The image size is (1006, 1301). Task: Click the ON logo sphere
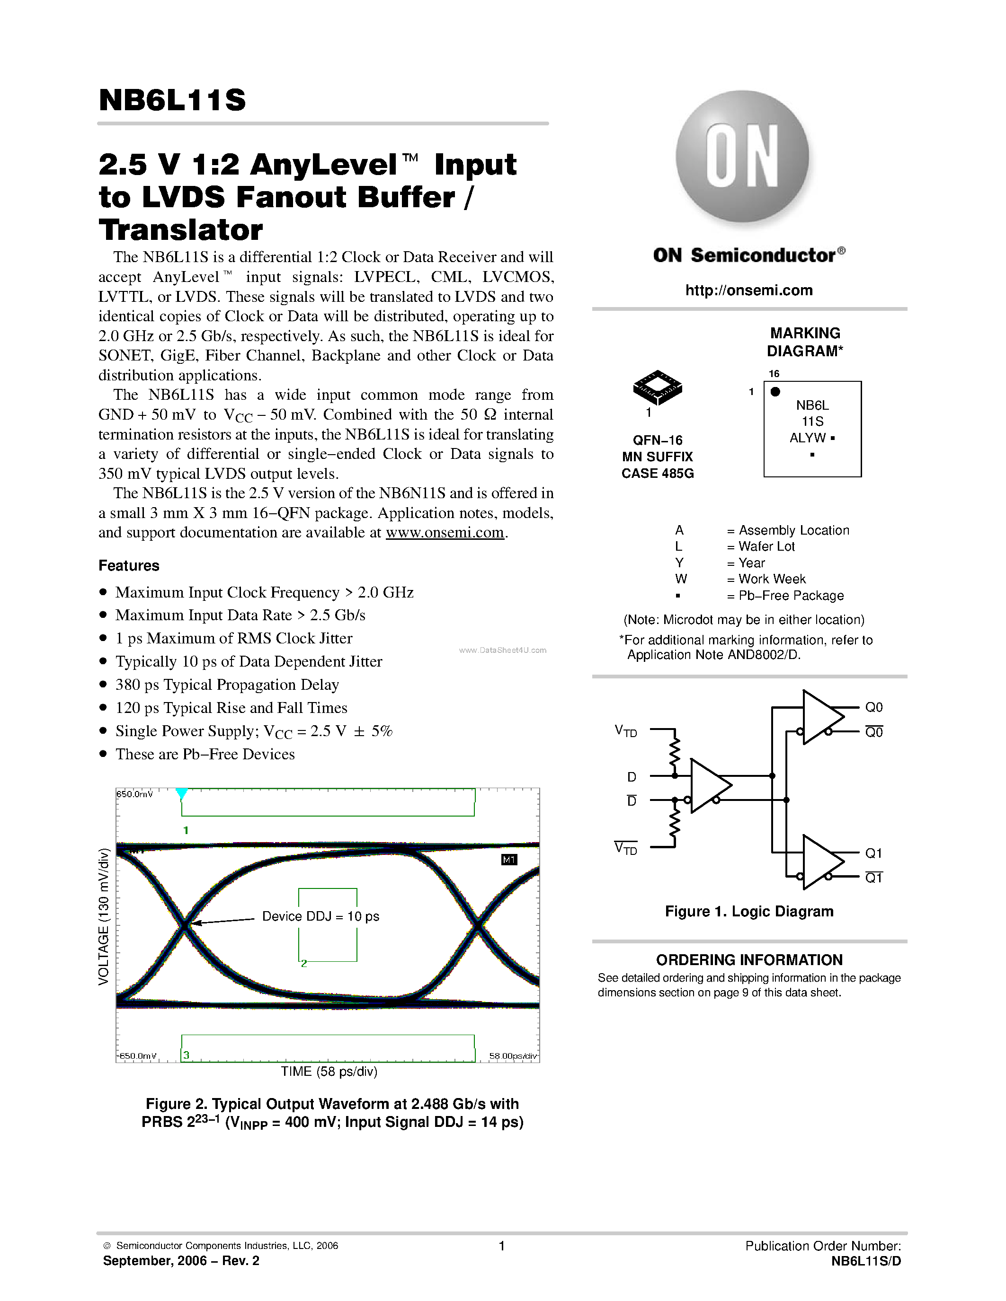[x=742, y=157]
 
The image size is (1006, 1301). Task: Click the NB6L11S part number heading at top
[x=172, y=100]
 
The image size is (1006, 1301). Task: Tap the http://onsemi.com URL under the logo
[x=748, y=290]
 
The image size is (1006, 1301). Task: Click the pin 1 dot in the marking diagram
[x=775, y=391]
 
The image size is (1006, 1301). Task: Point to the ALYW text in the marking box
[x=808, y=438]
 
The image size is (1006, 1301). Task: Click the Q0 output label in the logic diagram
[x=874, y=707]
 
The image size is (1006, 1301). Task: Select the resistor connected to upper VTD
[x=675, y=754]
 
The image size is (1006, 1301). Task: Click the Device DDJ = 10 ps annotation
[x=320, y=916]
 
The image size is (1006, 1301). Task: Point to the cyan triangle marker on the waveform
[x=182, y=793]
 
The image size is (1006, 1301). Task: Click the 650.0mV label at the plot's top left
[x=135, y=794]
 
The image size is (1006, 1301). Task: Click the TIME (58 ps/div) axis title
[x=329, y=1072]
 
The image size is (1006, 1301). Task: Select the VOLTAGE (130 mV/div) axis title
[x=104, y=916]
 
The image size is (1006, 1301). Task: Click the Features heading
[x=129, y=565]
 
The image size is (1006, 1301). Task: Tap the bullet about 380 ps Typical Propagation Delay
[x=226, y=685]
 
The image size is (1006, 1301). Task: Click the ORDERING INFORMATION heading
[x=749, y=960]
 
